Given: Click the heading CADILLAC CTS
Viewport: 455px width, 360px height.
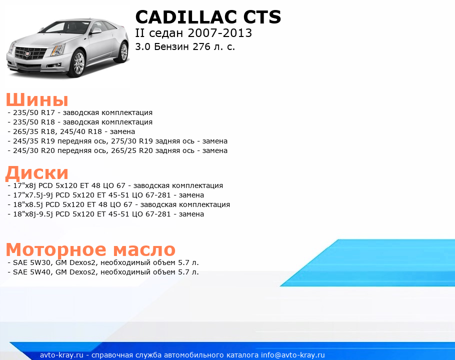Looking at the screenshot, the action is [x=208, y=17].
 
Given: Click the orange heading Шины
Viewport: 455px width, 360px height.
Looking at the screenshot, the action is [x=37, y=99].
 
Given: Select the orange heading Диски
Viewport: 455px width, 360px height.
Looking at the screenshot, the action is [x=37, y=172].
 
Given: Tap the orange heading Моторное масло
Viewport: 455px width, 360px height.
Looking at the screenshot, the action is [x=90, y=249].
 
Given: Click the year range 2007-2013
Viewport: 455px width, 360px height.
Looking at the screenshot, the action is [x=220, y=33].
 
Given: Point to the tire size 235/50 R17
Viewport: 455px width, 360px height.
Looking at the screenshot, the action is [x=34, y=112].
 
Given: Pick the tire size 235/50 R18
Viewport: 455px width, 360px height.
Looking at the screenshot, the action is [x=34, y=122].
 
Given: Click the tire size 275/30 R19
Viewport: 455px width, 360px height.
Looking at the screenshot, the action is [x=132, y=141].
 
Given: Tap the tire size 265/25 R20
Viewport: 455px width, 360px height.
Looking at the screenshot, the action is [x=132, y=151].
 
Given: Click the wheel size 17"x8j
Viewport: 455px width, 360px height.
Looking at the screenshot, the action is [x=24, y=185].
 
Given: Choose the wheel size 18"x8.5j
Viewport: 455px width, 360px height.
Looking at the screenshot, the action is [x=28, y=205].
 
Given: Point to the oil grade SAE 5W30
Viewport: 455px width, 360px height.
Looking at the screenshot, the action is [x=32, y=263].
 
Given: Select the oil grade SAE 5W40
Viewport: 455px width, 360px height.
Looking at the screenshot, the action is [x=32, y=272].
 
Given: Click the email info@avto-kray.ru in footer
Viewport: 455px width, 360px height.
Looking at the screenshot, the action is [x=293, y=355].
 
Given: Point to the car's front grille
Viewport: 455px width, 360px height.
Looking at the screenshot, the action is [x=30, y=53].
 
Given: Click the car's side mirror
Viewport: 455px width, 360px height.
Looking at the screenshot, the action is [x=96, y=30].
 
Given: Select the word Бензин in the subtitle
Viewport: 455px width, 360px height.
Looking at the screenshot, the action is [x=171, y=46].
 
